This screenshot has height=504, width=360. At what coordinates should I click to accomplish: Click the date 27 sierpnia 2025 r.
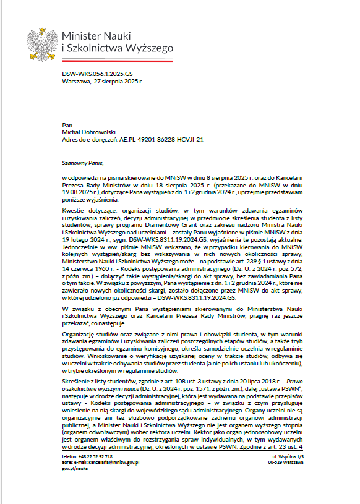[116, 80]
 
